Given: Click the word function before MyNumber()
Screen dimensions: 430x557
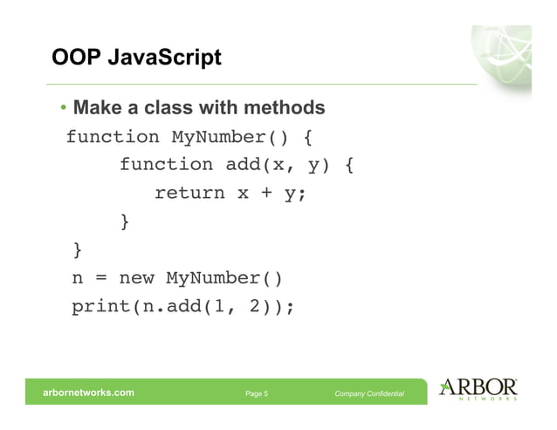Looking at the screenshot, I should tap(113, 137).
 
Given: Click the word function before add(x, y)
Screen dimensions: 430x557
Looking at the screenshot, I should tap(166, 165).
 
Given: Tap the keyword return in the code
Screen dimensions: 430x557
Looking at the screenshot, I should tap(189, 194).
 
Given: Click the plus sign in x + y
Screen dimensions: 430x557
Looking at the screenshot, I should tap(262, 194).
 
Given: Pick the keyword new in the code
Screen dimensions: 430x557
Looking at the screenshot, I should tap(136, 279).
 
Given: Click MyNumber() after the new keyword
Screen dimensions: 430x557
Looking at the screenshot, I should tap(224, 279).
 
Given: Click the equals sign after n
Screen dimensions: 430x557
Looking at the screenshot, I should tap(100, 279).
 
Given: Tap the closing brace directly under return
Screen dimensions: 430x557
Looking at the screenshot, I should tap(125, 222).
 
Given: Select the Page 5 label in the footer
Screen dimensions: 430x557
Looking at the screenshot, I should tap(257, 393).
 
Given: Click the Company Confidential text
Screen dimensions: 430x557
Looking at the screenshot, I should tap(369, 393).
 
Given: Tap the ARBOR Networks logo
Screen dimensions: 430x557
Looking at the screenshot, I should tap(479, 389).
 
